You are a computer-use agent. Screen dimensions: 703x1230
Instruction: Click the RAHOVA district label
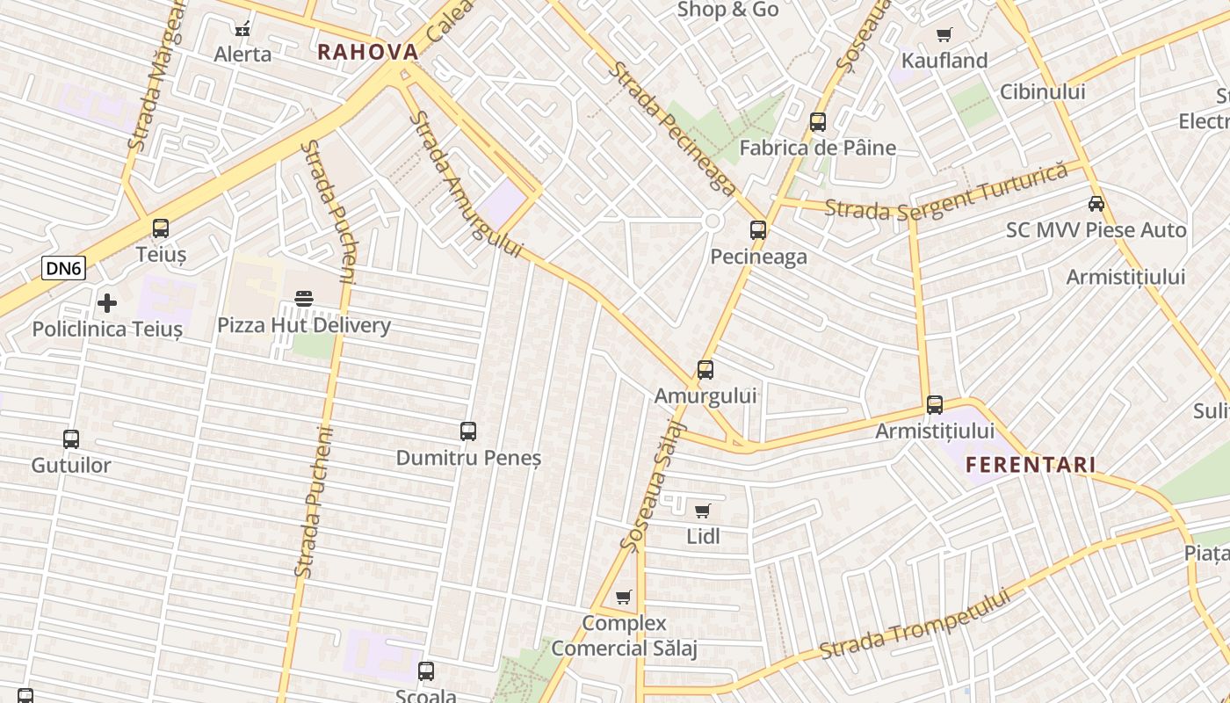coord(367,52)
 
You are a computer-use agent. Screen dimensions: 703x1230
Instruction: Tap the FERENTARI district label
coord(1031,465)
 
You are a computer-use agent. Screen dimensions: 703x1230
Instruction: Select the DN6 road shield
coord(64,269)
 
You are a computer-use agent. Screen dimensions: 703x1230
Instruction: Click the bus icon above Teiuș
coord(161,228)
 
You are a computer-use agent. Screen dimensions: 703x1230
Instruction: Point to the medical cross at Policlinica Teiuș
coord(107,303)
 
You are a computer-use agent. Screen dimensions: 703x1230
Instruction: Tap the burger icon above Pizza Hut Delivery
coord(304,299)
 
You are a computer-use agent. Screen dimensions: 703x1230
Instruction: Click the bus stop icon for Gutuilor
coord(71,438)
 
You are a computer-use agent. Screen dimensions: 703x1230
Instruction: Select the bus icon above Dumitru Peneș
coord(468,431)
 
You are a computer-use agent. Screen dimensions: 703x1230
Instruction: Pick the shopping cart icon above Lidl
coord(702,511)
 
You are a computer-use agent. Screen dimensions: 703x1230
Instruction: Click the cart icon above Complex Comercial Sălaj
coord(624,598)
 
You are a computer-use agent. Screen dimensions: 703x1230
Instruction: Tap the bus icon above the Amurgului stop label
coord(705,370)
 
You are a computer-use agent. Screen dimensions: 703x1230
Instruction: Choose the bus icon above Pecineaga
coord(758,230)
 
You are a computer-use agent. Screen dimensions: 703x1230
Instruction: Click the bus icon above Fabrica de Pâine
coord(818,122)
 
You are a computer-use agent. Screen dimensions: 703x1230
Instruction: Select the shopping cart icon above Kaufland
coord(944,35)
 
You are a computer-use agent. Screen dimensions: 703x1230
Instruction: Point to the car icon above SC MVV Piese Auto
coord(1096,204)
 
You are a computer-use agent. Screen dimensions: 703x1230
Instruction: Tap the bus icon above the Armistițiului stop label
coord(935,405)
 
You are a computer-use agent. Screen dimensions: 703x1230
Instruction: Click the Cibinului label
coord(1043,91)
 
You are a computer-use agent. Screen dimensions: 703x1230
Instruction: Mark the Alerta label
coord(243,54)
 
